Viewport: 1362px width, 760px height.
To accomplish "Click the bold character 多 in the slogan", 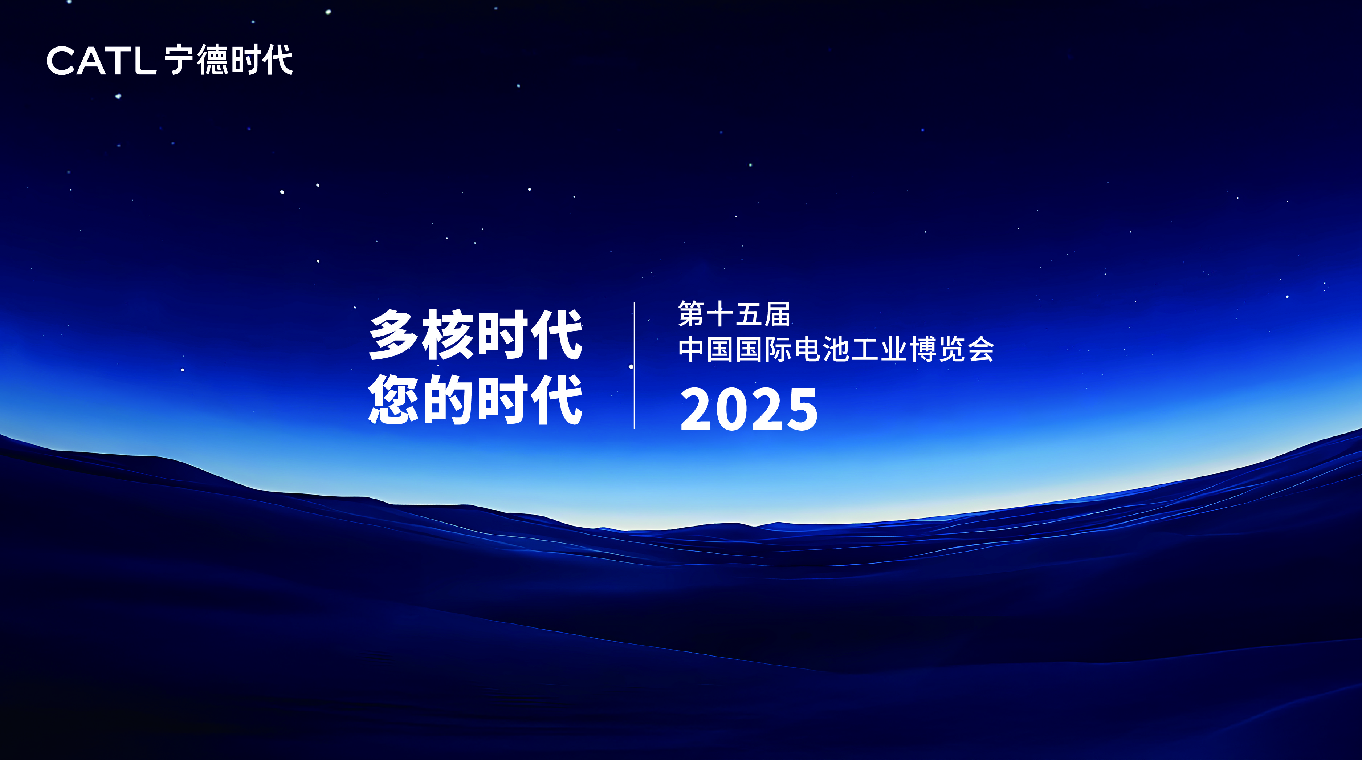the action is click(394, 335).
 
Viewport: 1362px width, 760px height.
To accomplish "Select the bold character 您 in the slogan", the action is click(394, 399).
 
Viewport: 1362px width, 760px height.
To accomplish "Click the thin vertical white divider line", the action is click(635, 365).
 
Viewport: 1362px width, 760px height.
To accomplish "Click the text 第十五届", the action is click(734, 314).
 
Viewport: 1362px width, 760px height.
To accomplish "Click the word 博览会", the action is click(952, 350).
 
